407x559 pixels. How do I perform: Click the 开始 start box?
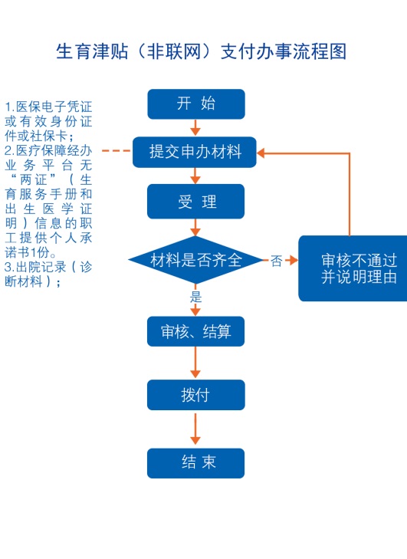click(196, 104)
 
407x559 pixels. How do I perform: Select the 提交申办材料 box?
click(195, 152)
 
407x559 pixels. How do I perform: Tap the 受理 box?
click(196, 202)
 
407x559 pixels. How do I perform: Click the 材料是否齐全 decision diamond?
click(195, 259)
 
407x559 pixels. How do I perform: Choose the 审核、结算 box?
click(195, 331)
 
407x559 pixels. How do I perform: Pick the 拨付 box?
click(196, 395)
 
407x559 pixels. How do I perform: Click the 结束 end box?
click(195, 462)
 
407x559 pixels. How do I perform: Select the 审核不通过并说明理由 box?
click(353, 268)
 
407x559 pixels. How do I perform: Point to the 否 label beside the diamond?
click(276, 261)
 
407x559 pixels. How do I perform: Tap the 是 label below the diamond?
click(195, 296)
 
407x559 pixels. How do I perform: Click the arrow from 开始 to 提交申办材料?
click(195, 127)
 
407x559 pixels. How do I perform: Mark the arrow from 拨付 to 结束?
click(195, 429)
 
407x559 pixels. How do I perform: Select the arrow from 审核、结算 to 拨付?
click(195, 362)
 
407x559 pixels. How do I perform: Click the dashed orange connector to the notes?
click(117, 151)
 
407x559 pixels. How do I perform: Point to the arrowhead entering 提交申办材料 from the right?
click(261, 153)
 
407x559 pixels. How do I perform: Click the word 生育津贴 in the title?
click(92, 51)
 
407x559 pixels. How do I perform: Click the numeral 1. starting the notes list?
click(10, 107)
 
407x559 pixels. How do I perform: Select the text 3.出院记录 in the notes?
click(35, 267)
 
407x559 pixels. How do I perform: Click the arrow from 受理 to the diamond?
click(195, 227)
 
